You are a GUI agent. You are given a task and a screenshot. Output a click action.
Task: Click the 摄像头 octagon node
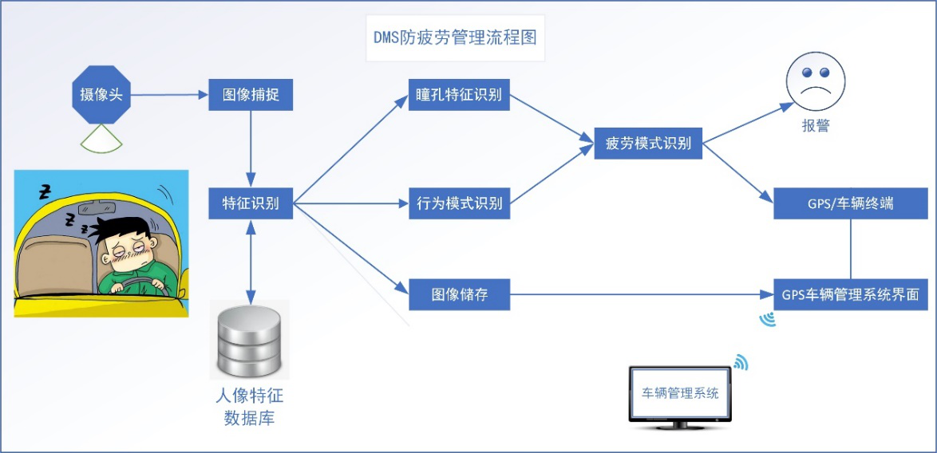101,95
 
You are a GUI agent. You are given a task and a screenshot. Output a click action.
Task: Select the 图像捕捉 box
251,95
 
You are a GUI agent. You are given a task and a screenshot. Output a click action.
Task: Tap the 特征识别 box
251,203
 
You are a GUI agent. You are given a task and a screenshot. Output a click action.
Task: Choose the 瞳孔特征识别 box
459,95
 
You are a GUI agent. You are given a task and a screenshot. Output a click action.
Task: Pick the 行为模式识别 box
459,203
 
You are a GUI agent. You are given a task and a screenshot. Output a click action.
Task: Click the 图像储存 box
459,295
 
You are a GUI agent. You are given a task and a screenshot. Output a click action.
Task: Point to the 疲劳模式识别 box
648,144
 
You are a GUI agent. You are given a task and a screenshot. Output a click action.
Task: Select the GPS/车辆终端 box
850,203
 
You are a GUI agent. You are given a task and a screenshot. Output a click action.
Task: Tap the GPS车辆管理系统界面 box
850,295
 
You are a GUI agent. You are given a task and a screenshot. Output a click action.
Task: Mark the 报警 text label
815,126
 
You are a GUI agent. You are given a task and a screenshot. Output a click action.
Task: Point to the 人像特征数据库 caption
251,406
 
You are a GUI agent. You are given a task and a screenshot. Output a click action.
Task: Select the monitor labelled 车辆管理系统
680,396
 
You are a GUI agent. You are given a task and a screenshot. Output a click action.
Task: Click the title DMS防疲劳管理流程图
455,37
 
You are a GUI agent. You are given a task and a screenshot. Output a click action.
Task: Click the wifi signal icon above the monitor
741,364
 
